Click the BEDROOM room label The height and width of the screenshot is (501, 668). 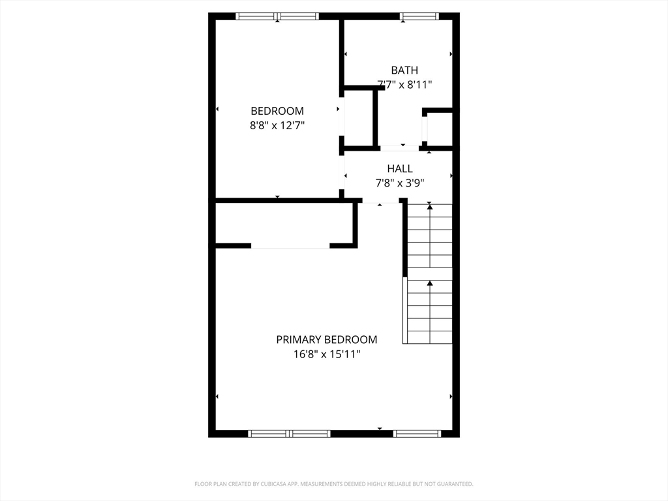[x=277, y=111]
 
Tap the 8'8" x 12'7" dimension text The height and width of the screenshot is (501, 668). [x=277, y=126]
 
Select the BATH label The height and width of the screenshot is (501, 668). [x=404, y=70]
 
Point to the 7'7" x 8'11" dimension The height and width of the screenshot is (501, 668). [x=404, y=85]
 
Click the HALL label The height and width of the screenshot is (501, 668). [x=400, y=169]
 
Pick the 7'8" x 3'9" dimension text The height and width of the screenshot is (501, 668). [x=400, y=183]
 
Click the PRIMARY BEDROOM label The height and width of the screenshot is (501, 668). [x=327, y=339]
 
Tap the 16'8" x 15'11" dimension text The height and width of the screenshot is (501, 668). [x=327, y=354]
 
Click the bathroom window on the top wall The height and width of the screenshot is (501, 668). [x=419, y=16]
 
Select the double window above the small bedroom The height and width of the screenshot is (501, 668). [x=277, y=16]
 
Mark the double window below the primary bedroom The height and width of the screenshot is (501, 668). [x=289, y=434]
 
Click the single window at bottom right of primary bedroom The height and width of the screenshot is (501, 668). [x=417, y=434]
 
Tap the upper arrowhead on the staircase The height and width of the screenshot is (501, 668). [x=430, y=207]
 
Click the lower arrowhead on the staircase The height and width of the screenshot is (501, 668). [x=430, y=283]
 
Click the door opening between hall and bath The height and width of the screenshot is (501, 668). [x=399, y=148]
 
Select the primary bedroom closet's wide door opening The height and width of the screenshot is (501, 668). [x=290, y=246]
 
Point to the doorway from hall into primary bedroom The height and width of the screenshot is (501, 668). [x=380, y=201]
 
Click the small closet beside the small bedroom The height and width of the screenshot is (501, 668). [x=358, y=118]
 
